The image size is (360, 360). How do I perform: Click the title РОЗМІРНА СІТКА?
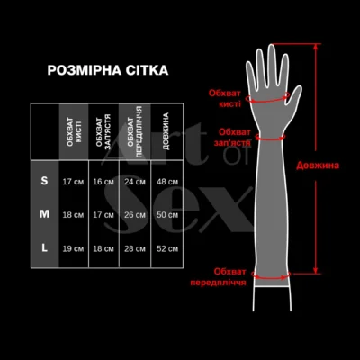[x=106, y=71]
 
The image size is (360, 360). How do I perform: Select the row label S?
[x=45, y=182]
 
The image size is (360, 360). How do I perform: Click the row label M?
[x=45, y=214]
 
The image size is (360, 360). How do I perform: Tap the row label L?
[x=45, y=247]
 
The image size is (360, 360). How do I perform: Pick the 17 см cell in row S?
[x=73, y=182]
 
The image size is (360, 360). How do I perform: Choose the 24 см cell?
[x=134, y=182]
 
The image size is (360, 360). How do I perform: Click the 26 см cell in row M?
[x=134, y=215]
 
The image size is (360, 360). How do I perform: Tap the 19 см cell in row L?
[x=73, y=248]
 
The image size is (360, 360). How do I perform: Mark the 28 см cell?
[x=134, y=248]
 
